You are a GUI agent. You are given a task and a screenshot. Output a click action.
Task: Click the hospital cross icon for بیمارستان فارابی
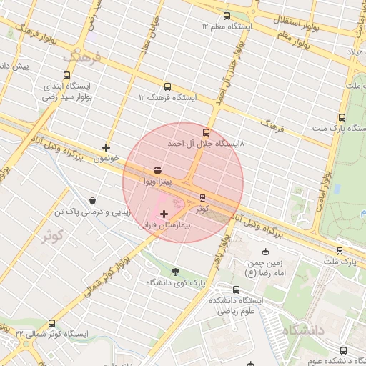point(164,213)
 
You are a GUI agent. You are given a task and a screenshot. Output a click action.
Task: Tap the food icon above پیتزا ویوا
point(157,170)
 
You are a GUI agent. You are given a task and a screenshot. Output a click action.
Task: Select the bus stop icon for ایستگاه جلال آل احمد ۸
point(207,132)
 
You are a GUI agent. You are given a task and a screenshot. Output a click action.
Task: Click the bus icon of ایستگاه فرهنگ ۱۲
point(168,86)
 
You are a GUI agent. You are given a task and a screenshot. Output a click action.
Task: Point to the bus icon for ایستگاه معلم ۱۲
point(227,16)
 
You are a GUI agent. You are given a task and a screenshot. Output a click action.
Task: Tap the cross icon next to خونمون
point(107,147)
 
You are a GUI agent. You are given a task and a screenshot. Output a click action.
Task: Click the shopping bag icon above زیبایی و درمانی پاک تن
point(92,201)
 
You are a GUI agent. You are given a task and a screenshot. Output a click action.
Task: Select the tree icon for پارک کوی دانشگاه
point(175,272)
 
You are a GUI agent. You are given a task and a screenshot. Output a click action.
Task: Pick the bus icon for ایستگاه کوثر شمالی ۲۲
point(51,323)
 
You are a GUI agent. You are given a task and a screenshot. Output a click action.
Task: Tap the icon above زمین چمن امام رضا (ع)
point(266,252)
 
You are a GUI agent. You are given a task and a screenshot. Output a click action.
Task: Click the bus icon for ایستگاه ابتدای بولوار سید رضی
point(67,75)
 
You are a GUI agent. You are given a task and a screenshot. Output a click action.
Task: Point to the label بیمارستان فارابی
point(165,225)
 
